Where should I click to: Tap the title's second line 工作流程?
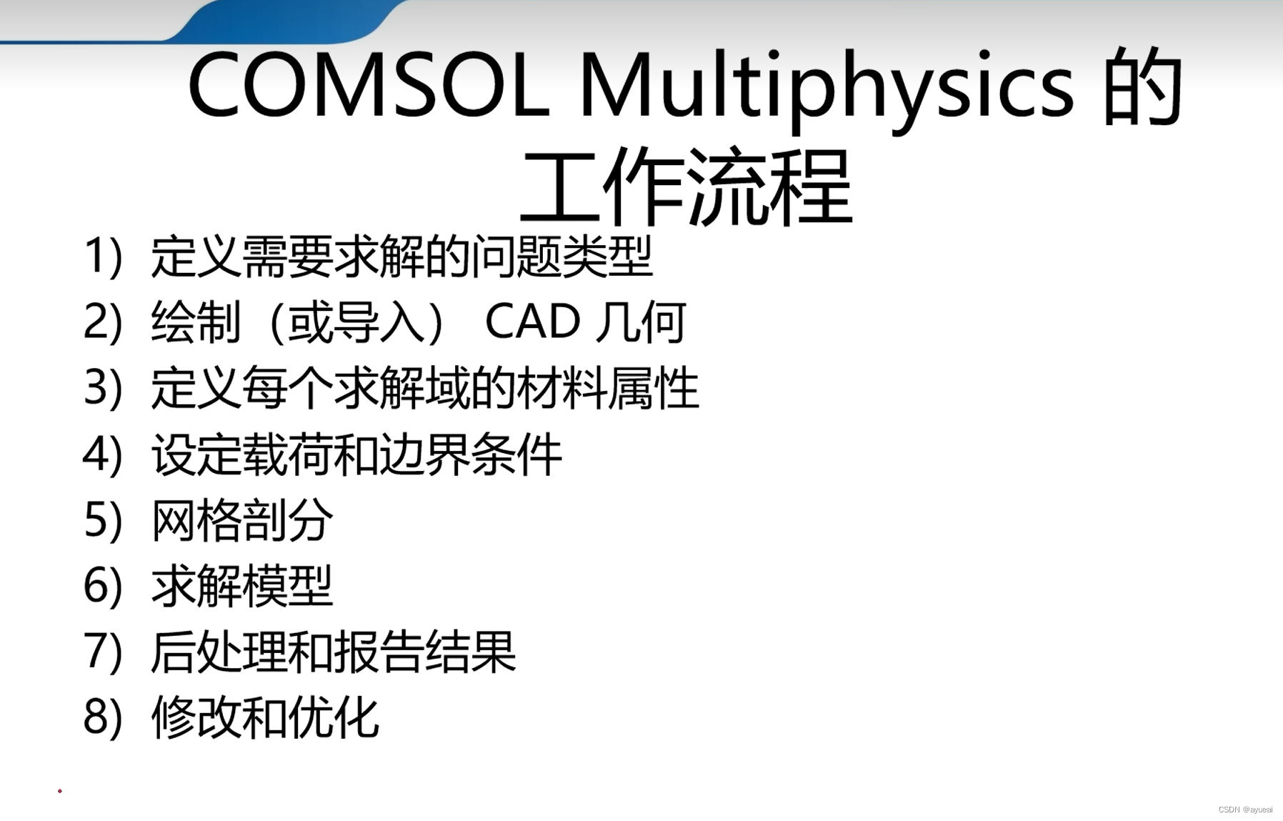687,187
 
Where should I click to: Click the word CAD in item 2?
532,322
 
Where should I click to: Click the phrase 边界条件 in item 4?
470,454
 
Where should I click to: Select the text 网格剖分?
242,520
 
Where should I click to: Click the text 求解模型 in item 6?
242,586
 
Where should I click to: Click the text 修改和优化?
265,717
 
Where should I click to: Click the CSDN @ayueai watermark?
1245,810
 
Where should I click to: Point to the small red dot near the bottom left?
60,791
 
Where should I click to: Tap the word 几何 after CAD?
641,322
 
